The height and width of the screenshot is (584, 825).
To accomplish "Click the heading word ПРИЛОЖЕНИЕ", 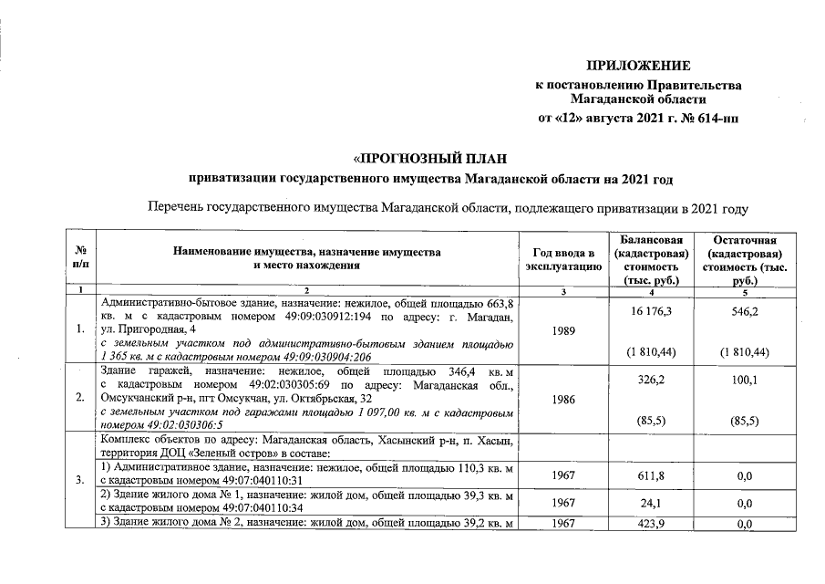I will (x=637, y=66).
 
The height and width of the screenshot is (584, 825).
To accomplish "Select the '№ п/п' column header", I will (x=80, y=258).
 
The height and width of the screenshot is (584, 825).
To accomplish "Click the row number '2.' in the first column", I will (x=81, y=399).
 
